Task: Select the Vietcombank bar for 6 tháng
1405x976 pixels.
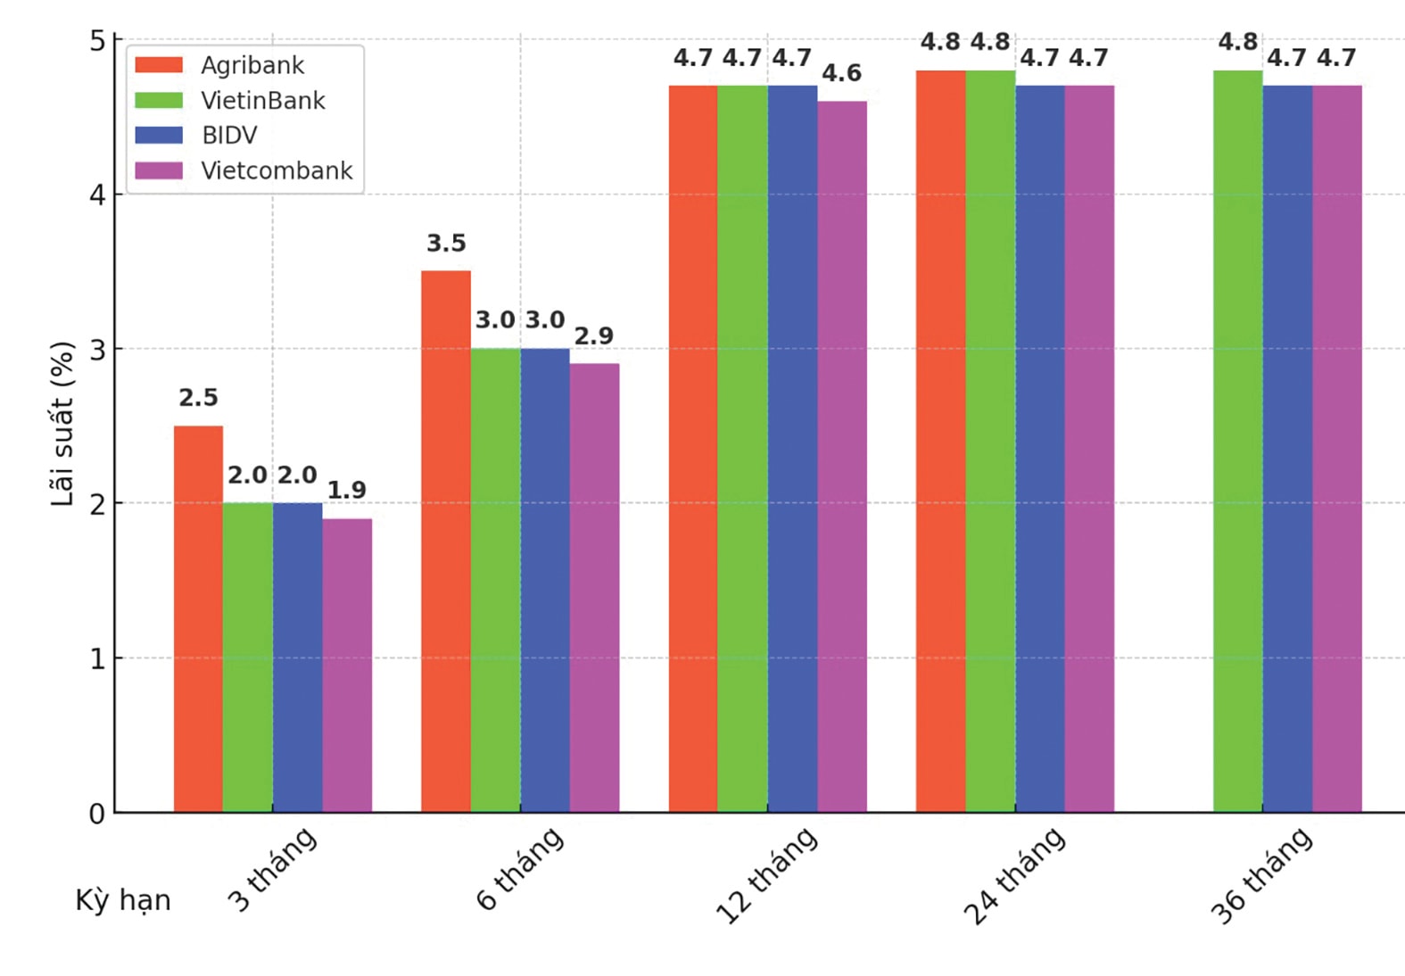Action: coord(594,588)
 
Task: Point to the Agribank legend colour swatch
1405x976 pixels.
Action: coord(159,65)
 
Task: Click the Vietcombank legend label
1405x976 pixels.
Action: coord(277,170)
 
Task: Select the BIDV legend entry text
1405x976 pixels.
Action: coord(229,136)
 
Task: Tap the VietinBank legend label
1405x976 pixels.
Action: coord(263,101)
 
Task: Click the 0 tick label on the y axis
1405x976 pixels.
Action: coord(96,814)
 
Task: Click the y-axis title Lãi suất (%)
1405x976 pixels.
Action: coord(62,424)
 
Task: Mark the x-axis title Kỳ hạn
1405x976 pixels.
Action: coord(123,900)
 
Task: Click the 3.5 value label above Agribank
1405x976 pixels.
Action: coord(446,244)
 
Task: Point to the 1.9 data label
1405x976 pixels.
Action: coord(347,490)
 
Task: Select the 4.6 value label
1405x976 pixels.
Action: coord(841,73)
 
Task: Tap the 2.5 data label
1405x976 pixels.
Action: coord(198,398)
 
